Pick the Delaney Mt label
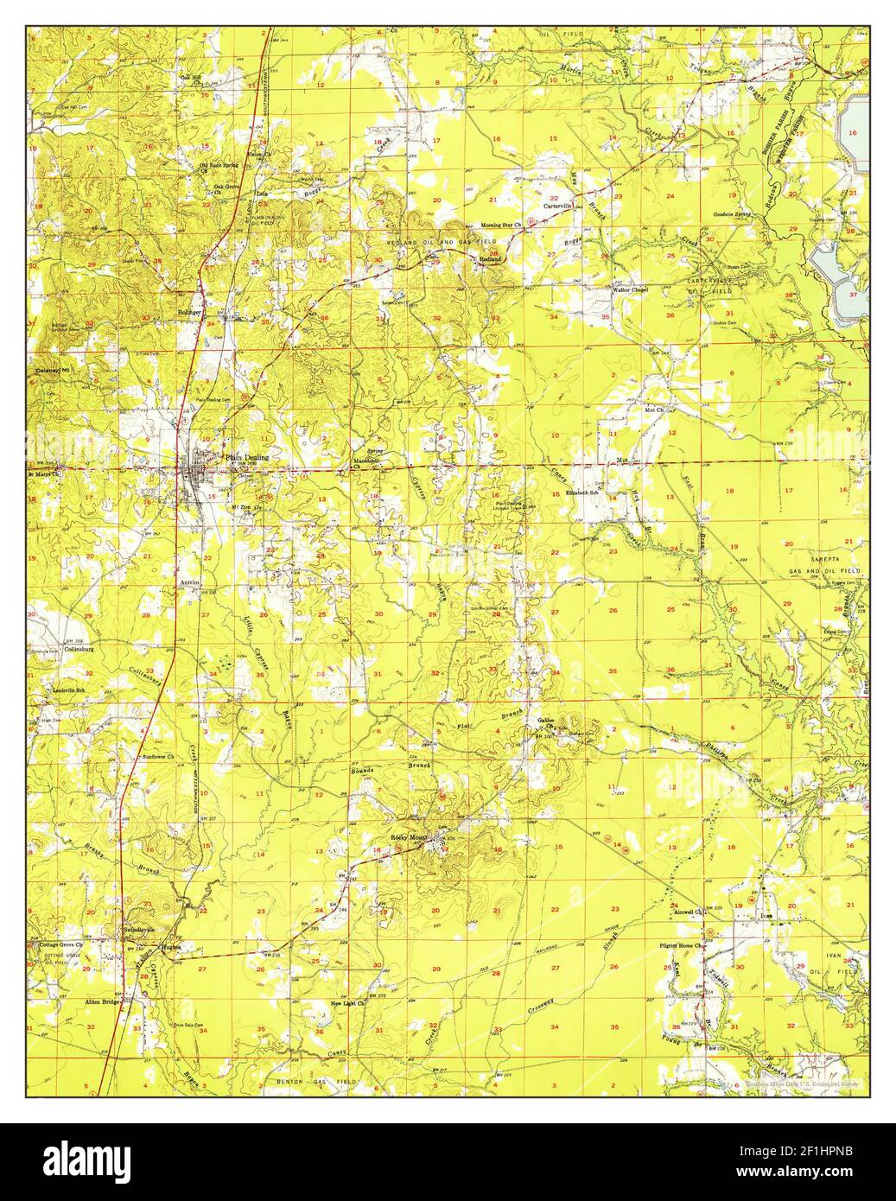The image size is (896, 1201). click(52, 371)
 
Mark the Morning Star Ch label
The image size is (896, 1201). click(507, 225)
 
